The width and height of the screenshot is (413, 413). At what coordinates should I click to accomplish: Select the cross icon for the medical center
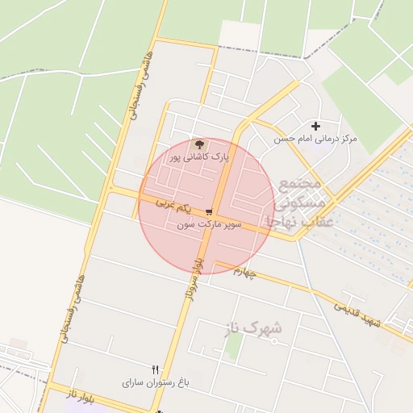click(315, 126)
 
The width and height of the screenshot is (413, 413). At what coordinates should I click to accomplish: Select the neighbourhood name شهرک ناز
click(254, 328)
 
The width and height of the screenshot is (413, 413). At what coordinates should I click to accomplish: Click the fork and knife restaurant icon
click(155, 369)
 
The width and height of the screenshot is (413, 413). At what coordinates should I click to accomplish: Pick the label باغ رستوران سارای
click(155, 382)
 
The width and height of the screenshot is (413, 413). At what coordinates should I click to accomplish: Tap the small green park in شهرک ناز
click(234, 347)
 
